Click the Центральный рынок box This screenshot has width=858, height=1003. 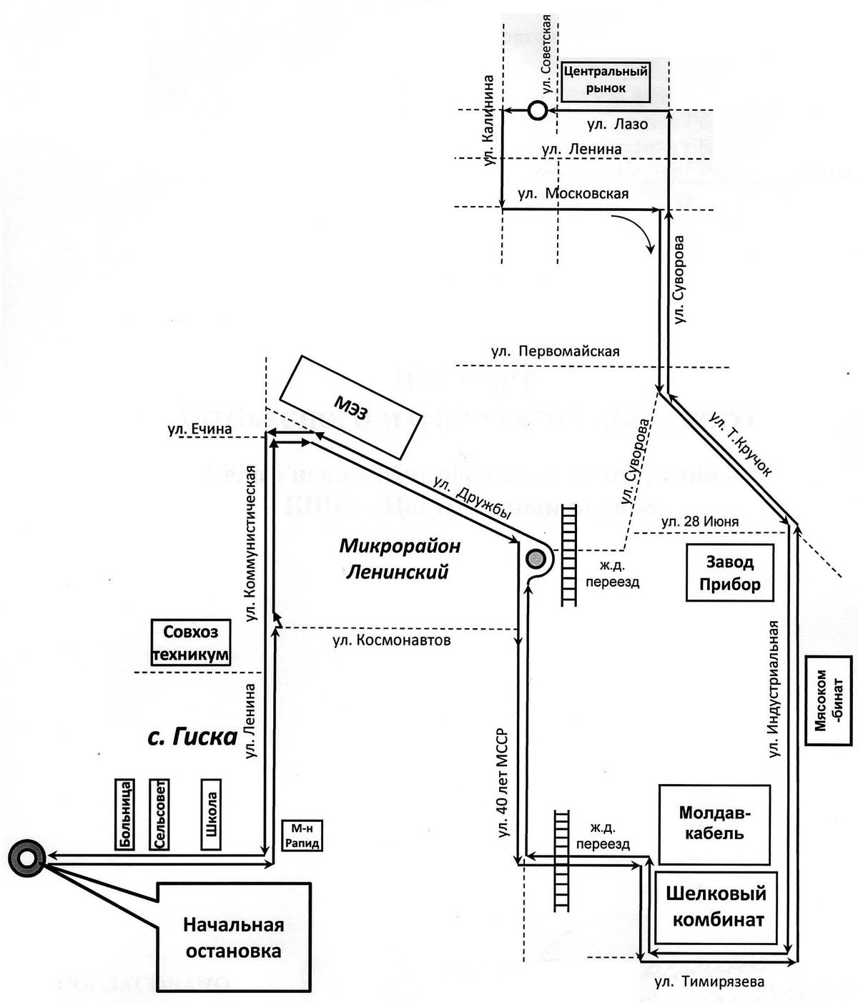click(606, 80)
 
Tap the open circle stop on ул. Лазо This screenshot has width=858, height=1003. click(538, 110)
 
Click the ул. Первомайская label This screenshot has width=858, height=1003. click(555, 351)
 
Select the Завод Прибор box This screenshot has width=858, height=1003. click(729, 573)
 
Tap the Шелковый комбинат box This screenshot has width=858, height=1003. click(715, 906)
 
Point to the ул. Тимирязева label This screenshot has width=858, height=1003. click(709, 981)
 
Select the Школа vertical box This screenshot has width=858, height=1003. click(212, 814)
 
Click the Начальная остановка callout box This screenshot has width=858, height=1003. click(233, 937)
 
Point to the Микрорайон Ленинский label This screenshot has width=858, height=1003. click(399, 559)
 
